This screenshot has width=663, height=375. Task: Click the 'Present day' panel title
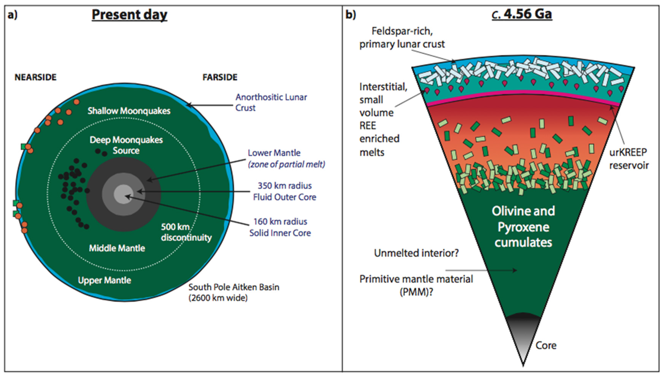tap(130, 14)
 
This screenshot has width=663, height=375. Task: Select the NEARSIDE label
tap(36, 77)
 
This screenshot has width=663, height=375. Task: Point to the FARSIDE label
tap(220, 77)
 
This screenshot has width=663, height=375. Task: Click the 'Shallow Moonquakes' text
tap(129, 111)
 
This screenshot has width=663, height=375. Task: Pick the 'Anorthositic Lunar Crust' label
tap(271, 102)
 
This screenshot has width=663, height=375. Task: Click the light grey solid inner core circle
tap(123, 194)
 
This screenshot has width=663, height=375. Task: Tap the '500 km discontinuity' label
tap(186, 232)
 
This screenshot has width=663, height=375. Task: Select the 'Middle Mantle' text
tap(117, 248)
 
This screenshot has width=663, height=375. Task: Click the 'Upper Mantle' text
tap(104, 280)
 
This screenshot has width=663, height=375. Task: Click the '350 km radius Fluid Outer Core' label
tap(285, 191)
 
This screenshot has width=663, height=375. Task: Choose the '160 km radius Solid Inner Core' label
tap(280, 227)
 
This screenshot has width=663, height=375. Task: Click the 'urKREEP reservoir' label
tap(629, 159)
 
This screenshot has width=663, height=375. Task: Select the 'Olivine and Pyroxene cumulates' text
tap(523, 227)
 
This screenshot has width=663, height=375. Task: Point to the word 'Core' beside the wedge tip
tap(546, 345)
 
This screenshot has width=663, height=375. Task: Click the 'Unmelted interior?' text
tap(416, 253)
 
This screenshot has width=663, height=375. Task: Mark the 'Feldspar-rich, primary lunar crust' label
tap(402, 38)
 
